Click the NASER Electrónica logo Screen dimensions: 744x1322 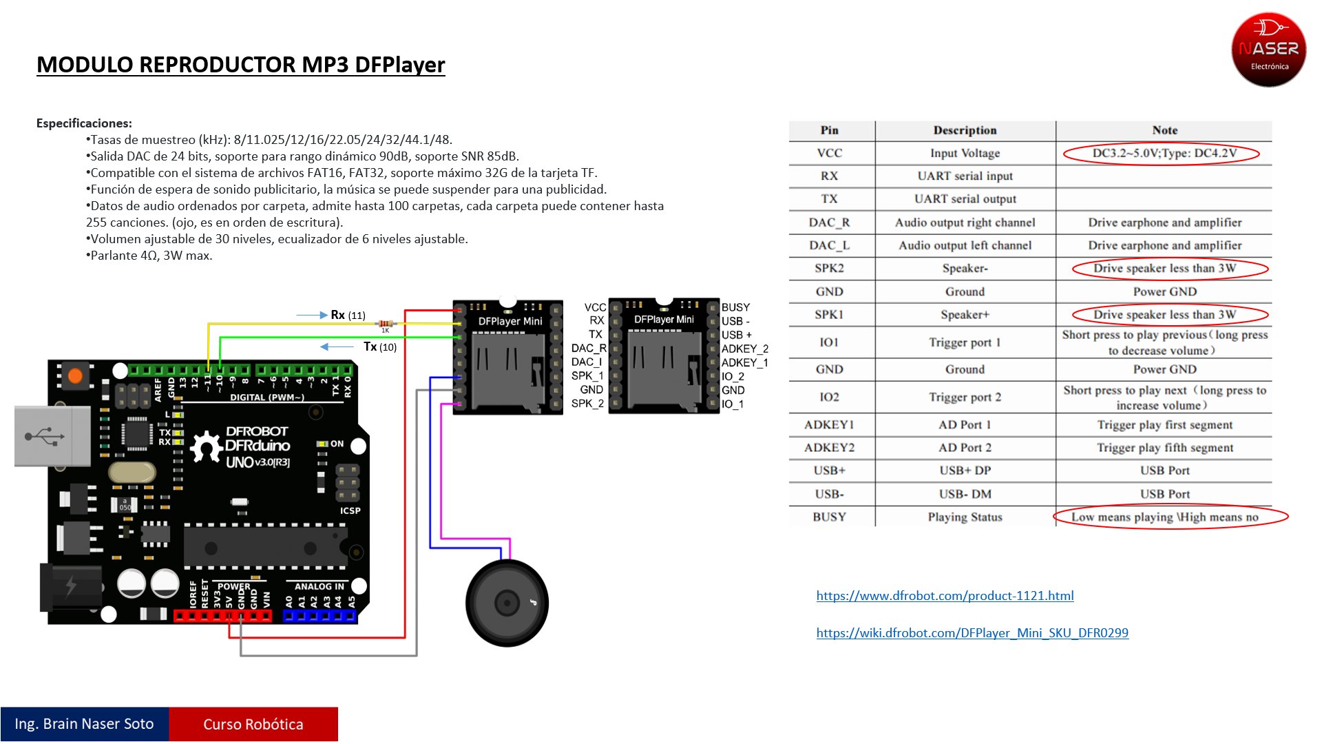pos(1268,49)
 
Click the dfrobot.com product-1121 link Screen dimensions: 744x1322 pos(945,596)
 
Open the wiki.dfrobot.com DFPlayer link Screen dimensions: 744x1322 pos(972,633)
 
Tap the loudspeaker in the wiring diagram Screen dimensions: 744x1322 pos(507,603)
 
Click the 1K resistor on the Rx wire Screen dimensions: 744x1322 pos(386,323)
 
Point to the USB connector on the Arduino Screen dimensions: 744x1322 pos(52,436)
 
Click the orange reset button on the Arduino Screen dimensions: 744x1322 pos(75,376)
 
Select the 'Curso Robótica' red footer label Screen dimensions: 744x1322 pos(253,724)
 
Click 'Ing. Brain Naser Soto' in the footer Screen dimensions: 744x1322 pos(84,724)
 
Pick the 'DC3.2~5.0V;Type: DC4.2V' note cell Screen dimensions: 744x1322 pos(1164,153)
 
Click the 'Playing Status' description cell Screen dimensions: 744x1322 pos(965,517)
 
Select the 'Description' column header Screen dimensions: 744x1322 pos(965,130)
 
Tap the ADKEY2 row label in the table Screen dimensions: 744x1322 pos(829,448)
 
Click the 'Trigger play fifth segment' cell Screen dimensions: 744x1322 pos(1164,448)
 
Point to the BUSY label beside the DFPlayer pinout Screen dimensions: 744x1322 pos(735,307)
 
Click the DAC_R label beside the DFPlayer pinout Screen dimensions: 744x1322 pos(588,349)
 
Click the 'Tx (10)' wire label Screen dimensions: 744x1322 pos(380,347)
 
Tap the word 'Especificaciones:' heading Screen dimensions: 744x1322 pos(84,123)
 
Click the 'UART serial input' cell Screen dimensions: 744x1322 pos(965,176)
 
